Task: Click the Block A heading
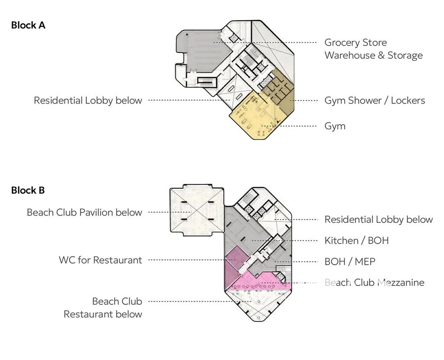[28, 25]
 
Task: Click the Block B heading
[28, 190]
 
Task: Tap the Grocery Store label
[356, 42]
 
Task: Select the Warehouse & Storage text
[373, 55]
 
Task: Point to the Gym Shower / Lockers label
[375, 101]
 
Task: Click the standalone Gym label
[335, 126]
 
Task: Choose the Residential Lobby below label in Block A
[88, 101]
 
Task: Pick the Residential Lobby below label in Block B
[379, 219]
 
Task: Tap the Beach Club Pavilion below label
[85, 212]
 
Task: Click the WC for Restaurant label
[100, 260]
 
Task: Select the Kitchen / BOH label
[356, 240]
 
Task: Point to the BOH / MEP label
[350, 262]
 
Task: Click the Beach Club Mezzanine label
[374, 282]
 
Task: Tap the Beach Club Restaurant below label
[103, 308]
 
